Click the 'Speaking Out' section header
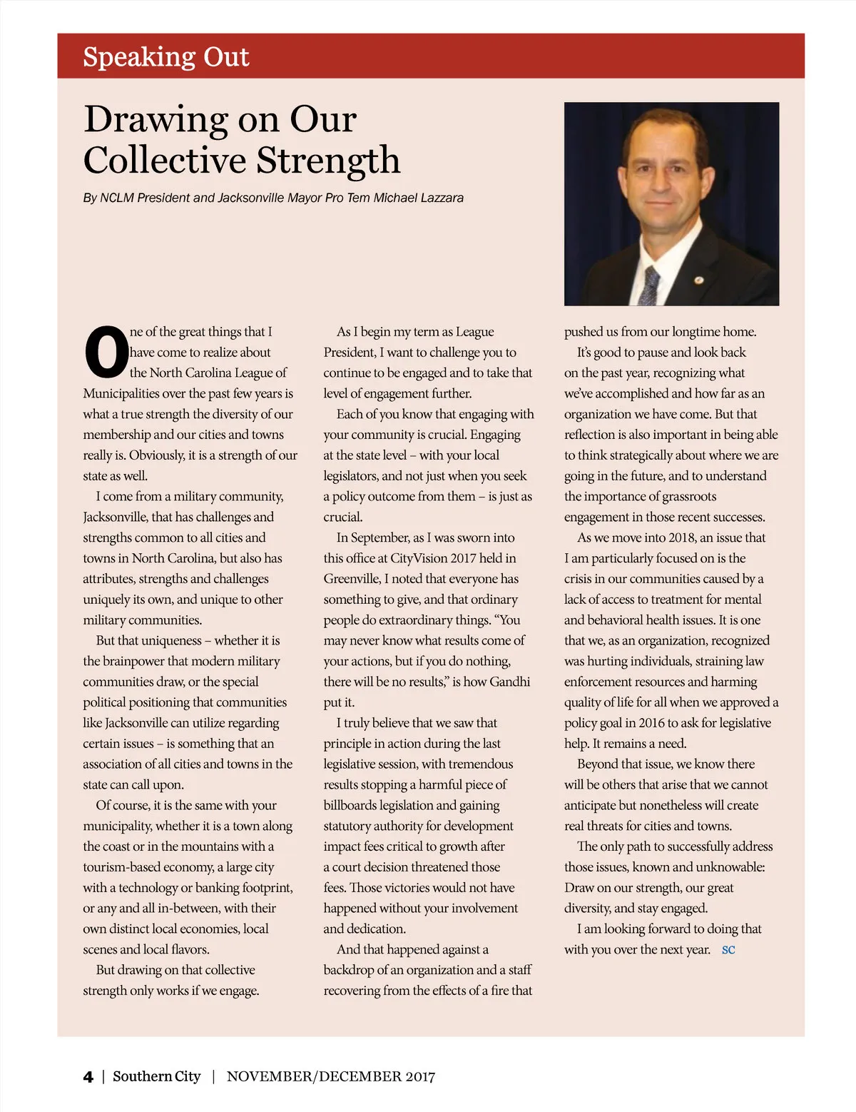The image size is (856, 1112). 166,57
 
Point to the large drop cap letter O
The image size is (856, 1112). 106,353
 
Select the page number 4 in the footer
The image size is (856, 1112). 88,1076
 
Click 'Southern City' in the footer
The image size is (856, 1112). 157,1076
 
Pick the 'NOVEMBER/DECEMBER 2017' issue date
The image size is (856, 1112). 331,1076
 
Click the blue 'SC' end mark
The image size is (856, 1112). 728,950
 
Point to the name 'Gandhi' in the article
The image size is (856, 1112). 510,682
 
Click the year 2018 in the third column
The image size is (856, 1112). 682,537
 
